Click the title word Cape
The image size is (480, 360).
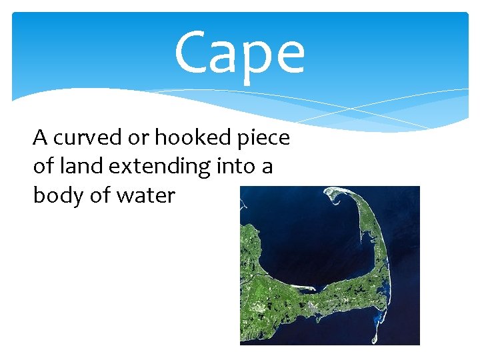pos(239,53)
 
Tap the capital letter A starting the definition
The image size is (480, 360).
pos(41,137)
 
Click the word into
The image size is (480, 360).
pos(236,166)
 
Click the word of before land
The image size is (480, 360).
pos(44,166)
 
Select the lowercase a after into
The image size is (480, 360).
pos(267,167)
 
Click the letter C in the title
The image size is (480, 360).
pos(193,53)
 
